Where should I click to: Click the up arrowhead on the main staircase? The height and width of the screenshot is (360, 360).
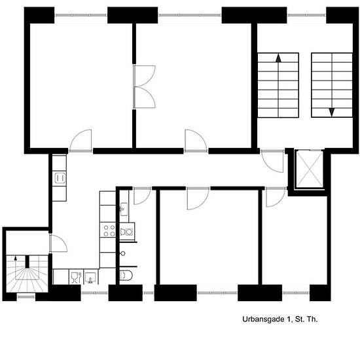click(278, 58)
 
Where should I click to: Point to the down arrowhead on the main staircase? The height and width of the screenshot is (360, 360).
click(332, 113)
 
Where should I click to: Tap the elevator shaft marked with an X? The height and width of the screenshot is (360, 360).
click(310, 169)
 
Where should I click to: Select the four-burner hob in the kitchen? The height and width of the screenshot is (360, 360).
click(109, 230)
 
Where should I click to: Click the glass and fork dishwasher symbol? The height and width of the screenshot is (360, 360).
click(76, 277)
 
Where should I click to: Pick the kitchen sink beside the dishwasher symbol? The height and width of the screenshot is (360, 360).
click(91, 277)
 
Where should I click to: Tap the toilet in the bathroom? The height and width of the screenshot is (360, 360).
click(126, 276)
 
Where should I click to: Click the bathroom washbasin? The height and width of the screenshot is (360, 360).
click(124, 209)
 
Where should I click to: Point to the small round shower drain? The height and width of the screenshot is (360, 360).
click(123, 253)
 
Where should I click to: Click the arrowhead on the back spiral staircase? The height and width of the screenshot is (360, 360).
click(16, 259)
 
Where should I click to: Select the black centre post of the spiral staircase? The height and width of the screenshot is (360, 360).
click(27, 262)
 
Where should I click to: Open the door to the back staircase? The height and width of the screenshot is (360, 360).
click(58, 243)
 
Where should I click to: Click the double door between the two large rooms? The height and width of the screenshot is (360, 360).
click(145, 87)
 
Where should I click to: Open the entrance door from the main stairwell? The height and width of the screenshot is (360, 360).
click(273, 161)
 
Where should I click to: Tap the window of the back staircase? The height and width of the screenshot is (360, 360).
click(26, 297)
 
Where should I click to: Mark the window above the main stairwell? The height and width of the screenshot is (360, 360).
click(306, 15)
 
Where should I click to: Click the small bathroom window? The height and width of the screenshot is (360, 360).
click(149, 293)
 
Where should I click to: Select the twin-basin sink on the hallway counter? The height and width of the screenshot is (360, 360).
click(60, 179)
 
